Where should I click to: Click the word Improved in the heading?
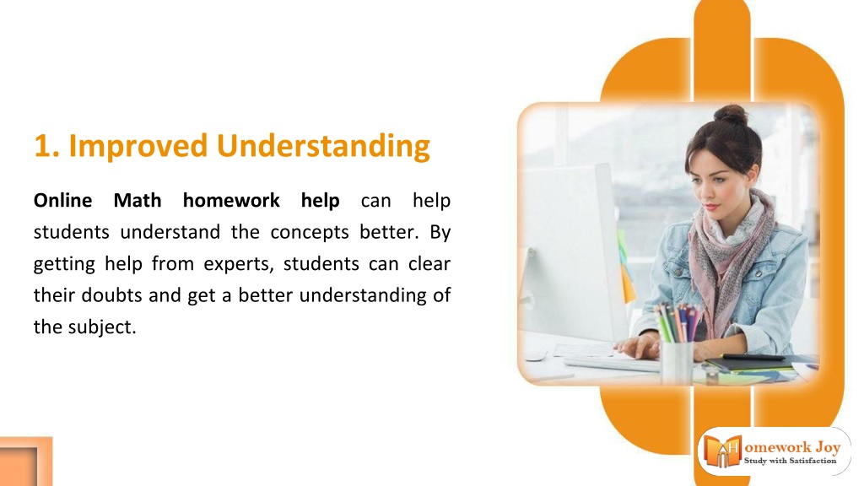[x=138, y=147]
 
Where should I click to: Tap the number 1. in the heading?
[x=46, y=147]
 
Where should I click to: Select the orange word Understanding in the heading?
[x=323, y=147]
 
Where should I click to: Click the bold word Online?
[x=62, y=200]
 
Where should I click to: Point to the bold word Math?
[x=138, y=200]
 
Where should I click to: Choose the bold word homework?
[x=231, y=200]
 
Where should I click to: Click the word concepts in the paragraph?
[x=309, y=233]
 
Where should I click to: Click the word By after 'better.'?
[x=440, y=233]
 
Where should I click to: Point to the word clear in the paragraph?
[x=429, y=264]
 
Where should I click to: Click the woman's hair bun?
[x=731, y=115]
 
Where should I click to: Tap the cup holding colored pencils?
[x=676, y=361]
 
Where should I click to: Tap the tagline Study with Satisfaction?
[x=790, y=461]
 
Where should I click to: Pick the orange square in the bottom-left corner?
[x=25, y=462]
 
